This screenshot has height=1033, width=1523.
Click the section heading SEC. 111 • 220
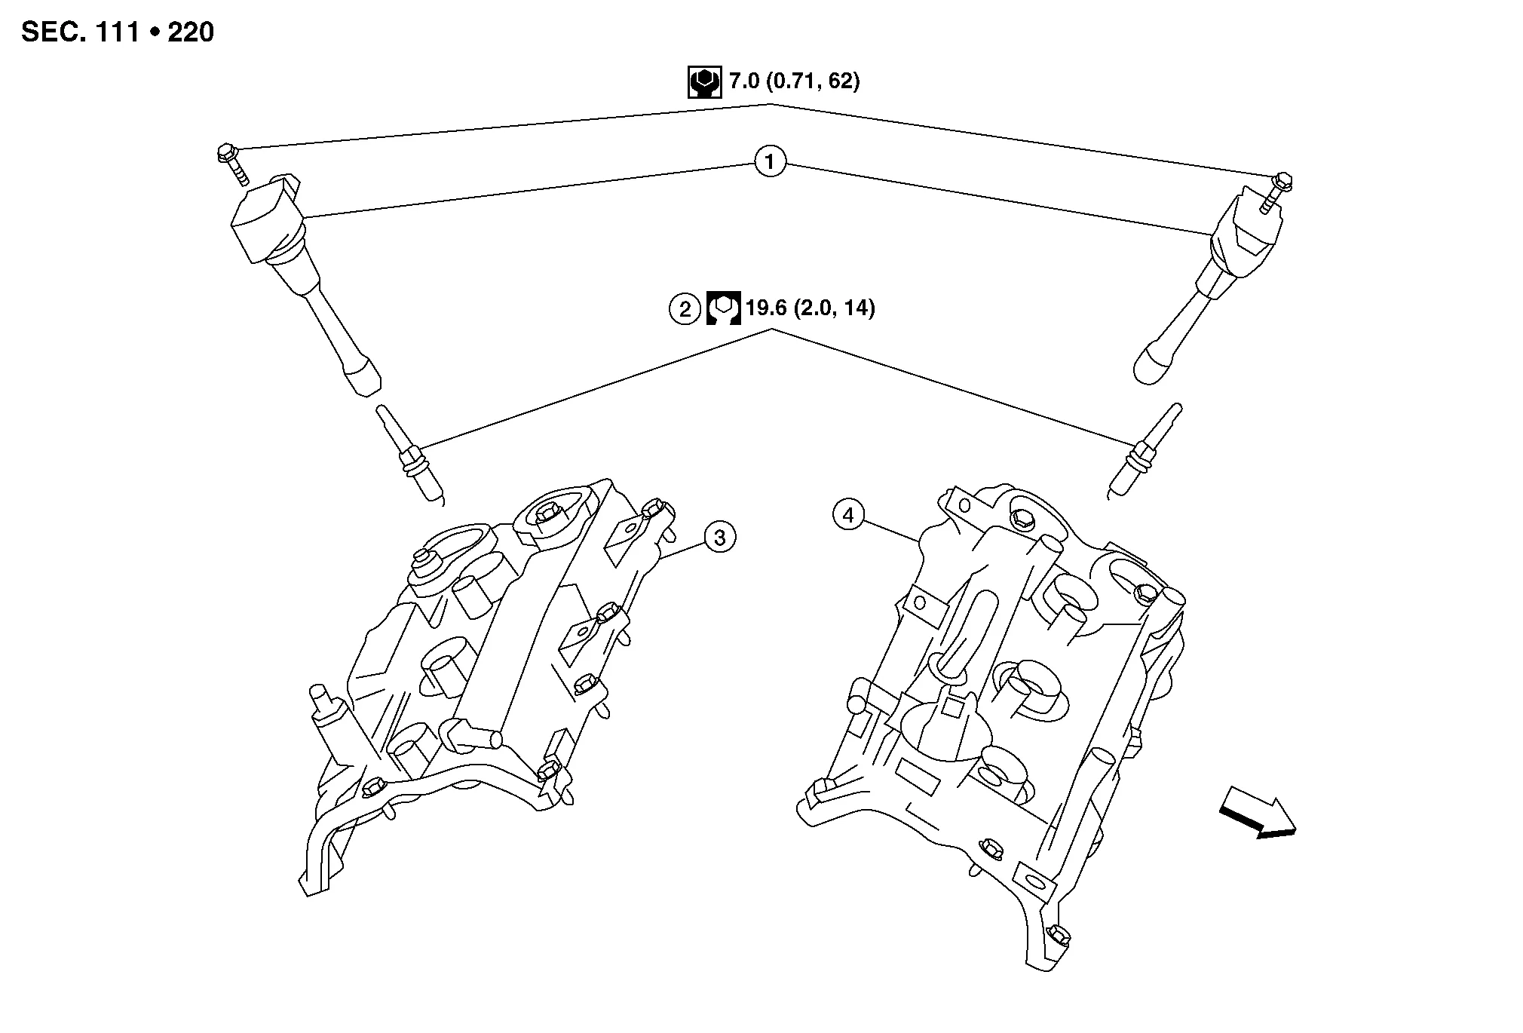[x=118, y=32]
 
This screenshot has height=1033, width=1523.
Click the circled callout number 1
[x=770, y=162]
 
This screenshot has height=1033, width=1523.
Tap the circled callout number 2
[x=685, y=309]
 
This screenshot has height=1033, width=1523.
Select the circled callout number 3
[x=720, y=538]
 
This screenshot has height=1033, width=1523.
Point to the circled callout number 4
[x=848, y=516]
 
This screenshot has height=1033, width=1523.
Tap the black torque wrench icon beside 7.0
[x=704, y=82]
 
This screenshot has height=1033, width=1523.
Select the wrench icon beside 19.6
[x=723, y=309]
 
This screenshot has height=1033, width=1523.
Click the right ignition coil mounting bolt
[x=1276, y=191]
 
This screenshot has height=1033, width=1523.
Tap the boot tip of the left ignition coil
[x=363, y=376]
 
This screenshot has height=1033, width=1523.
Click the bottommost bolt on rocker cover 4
[x=1059, y=935]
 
